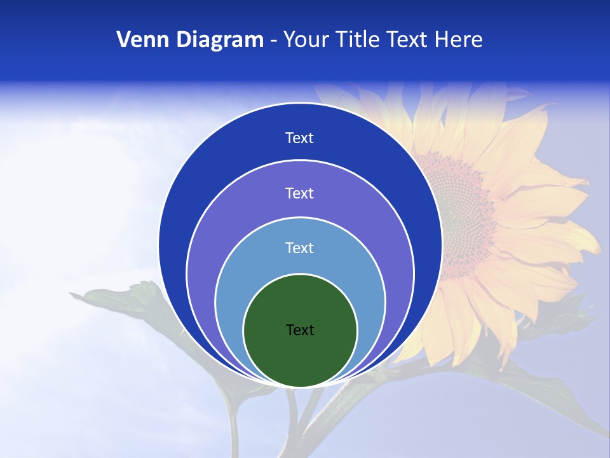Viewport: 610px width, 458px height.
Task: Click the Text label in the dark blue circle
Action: [300, 138]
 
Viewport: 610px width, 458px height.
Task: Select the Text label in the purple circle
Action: [300, 193]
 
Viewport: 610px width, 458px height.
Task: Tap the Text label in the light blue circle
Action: [300, 248]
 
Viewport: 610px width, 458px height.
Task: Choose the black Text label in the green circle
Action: [300, 330]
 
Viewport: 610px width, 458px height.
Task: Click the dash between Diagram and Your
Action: [273, 41]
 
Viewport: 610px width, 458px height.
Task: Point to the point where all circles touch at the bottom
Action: [300, 386]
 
